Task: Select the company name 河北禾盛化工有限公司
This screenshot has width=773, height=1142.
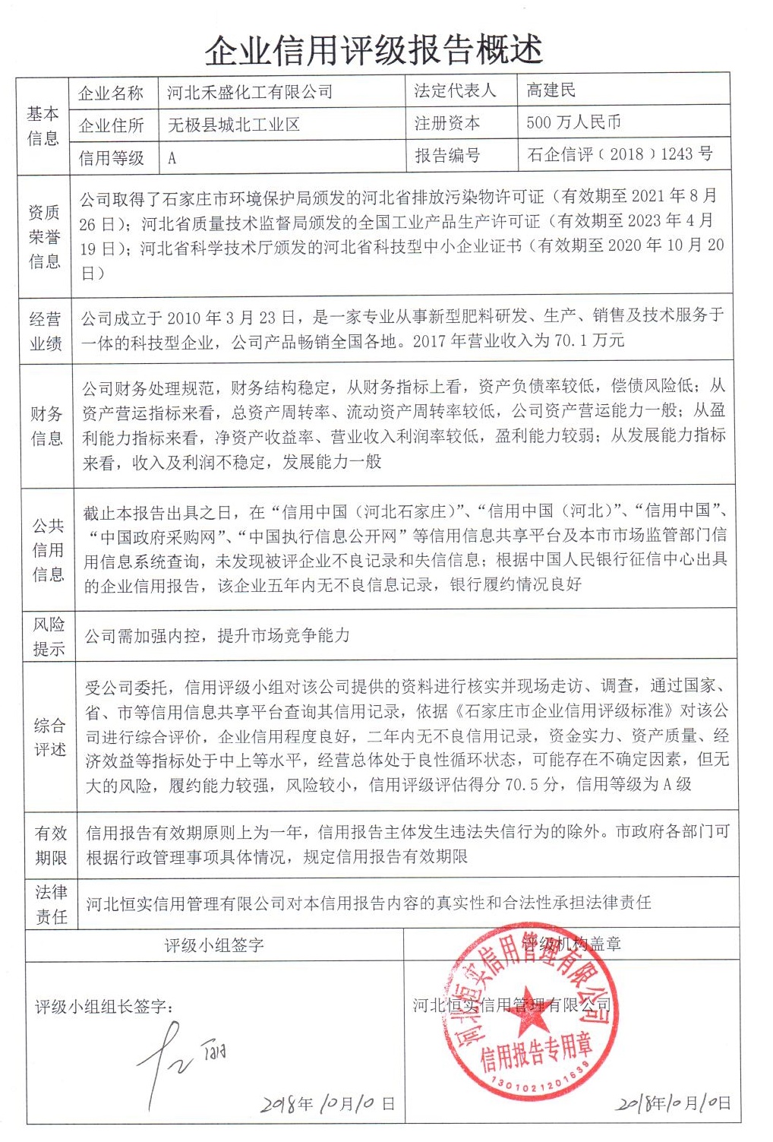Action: point(250,93)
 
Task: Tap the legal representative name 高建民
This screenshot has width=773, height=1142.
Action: point(551,90)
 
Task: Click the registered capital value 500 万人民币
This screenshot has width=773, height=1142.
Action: point(573,122)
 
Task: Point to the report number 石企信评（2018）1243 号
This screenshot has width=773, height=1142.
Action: point(620,154)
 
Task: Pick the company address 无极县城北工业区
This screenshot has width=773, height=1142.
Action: point(233,125)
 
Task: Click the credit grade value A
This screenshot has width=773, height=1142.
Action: point(172,158)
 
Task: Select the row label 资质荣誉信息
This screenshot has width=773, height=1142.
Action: point(44,236)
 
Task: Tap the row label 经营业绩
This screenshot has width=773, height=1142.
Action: point(45,331)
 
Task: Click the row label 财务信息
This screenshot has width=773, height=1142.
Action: point(46,425)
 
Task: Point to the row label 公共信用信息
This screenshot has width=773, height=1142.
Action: point(48,549)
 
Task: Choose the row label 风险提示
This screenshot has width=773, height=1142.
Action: point(49,637)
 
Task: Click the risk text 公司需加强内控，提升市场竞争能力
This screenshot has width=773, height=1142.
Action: point(217,635)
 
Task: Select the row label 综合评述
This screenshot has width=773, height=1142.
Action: point(49,737)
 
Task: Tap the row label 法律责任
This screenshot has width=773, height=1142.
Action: point(51,904)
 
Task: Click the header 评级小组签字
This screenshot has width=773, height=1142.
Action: point(214,945)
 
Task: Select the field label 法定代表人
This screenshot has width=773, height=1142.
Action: point(454,90)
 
